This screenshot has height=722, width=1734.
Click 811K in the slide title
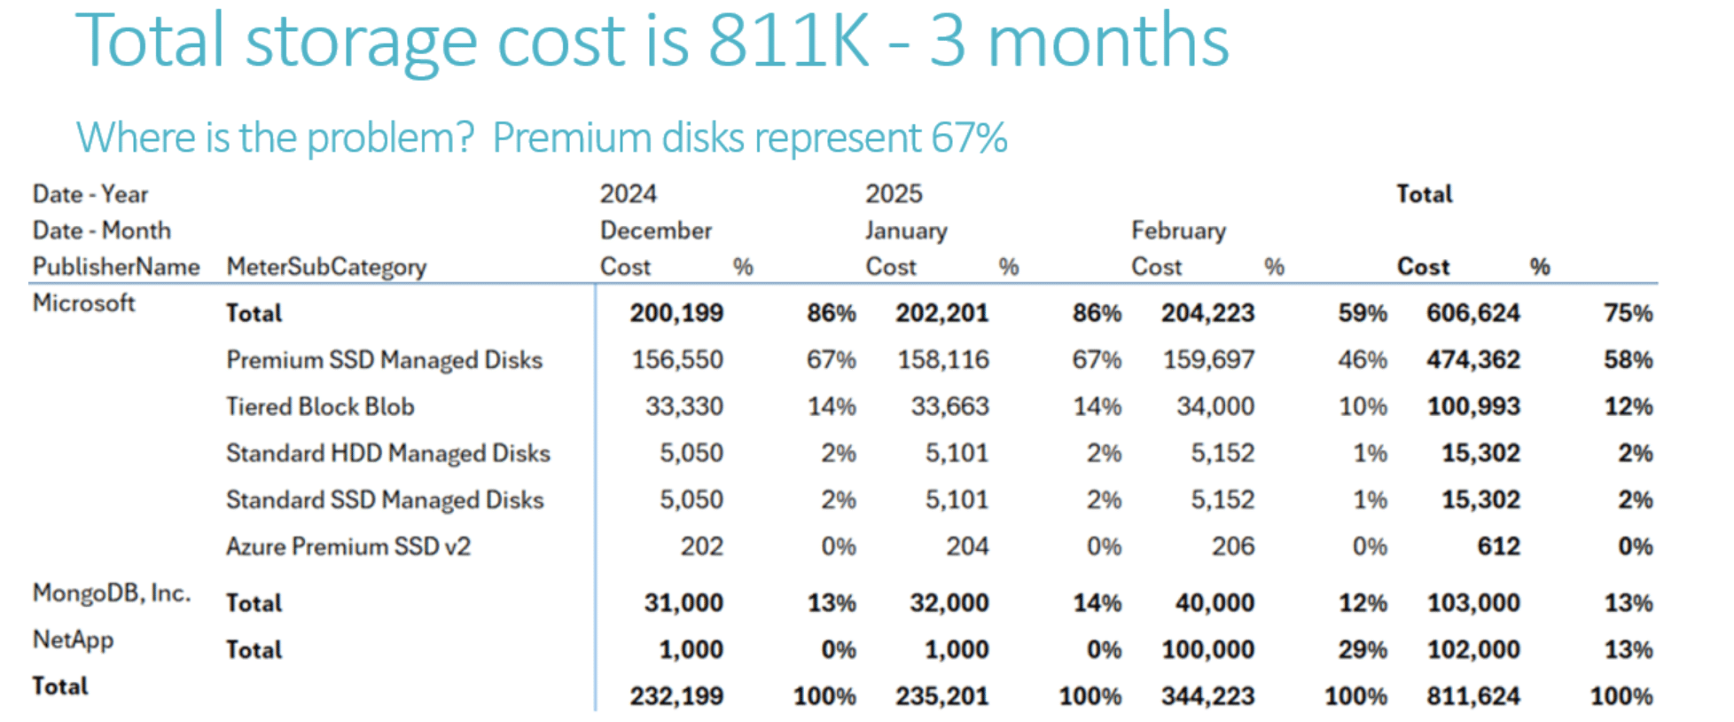point(788,41)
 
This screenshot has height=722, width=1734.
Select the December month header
point(655,231)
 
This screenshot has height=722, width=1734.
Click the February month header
point(1178,231)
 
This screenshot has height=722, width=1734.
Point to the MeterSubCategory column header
point(326,267)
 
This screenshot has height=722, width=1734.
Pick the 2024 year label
point(628,193)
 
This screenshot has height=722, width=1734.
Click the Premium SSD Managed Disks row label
point(384,360)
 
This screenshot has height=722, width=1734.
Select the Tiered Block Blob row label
point(320,406)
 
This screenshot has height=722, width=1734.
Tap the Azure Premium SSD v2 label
point(348,546)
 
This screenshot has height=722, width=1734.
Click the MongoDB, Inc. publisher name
point(112,593)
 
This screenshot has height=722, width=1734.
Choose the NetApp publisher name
point(73,640)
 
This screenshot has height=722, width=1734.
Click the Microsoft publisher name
point(83,303)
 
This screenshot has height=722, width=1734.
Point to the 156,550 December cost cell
point(677,360)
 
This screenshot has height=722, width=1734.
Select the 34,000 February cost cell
point(1215,406)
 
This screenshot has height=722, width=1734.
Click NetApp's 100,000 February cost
point(1207,649)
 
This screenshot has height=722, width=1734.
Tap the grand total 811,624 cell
point(1472,696)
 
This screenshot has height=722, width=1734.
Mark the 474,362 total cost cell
point(1472,360)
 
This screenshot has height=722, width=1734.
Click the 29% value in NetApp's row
point(1362,649)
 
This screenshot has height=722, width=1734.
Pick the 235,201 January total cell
point(941,696)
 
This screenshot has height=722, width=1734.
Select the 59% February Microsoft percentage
point(1362,313)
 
